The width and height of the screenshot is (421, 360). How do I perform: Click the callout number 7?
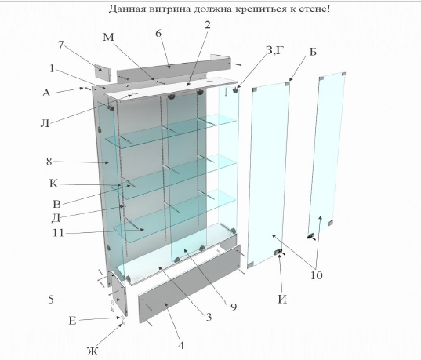tap(61, 45)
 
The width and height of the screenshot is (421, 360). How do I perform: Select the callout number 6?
tap(158, 34)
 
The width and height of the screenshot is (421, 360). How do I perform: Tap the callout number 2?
tap(207, 25)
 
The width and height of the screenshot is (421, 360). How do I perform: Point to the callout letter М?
tap(108, 38)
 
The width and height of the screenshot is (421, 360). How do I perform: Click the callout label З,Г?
tap(274, 52)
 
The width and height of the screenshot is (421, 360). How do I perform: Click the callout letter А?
tap(46, 92)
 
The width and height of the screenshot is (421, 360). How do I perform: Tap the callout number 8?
tap(49, 162)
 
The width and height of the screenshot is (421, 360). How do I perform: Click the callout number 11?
tap(58, 233)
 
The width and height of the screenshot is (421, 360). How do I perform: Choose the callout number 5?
tap(50, 299)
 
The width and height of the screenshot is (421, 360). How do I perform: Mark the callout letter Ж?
tap(93, 349)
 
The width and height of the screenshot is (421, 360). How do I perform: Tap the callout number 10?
tap(316, 275)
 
